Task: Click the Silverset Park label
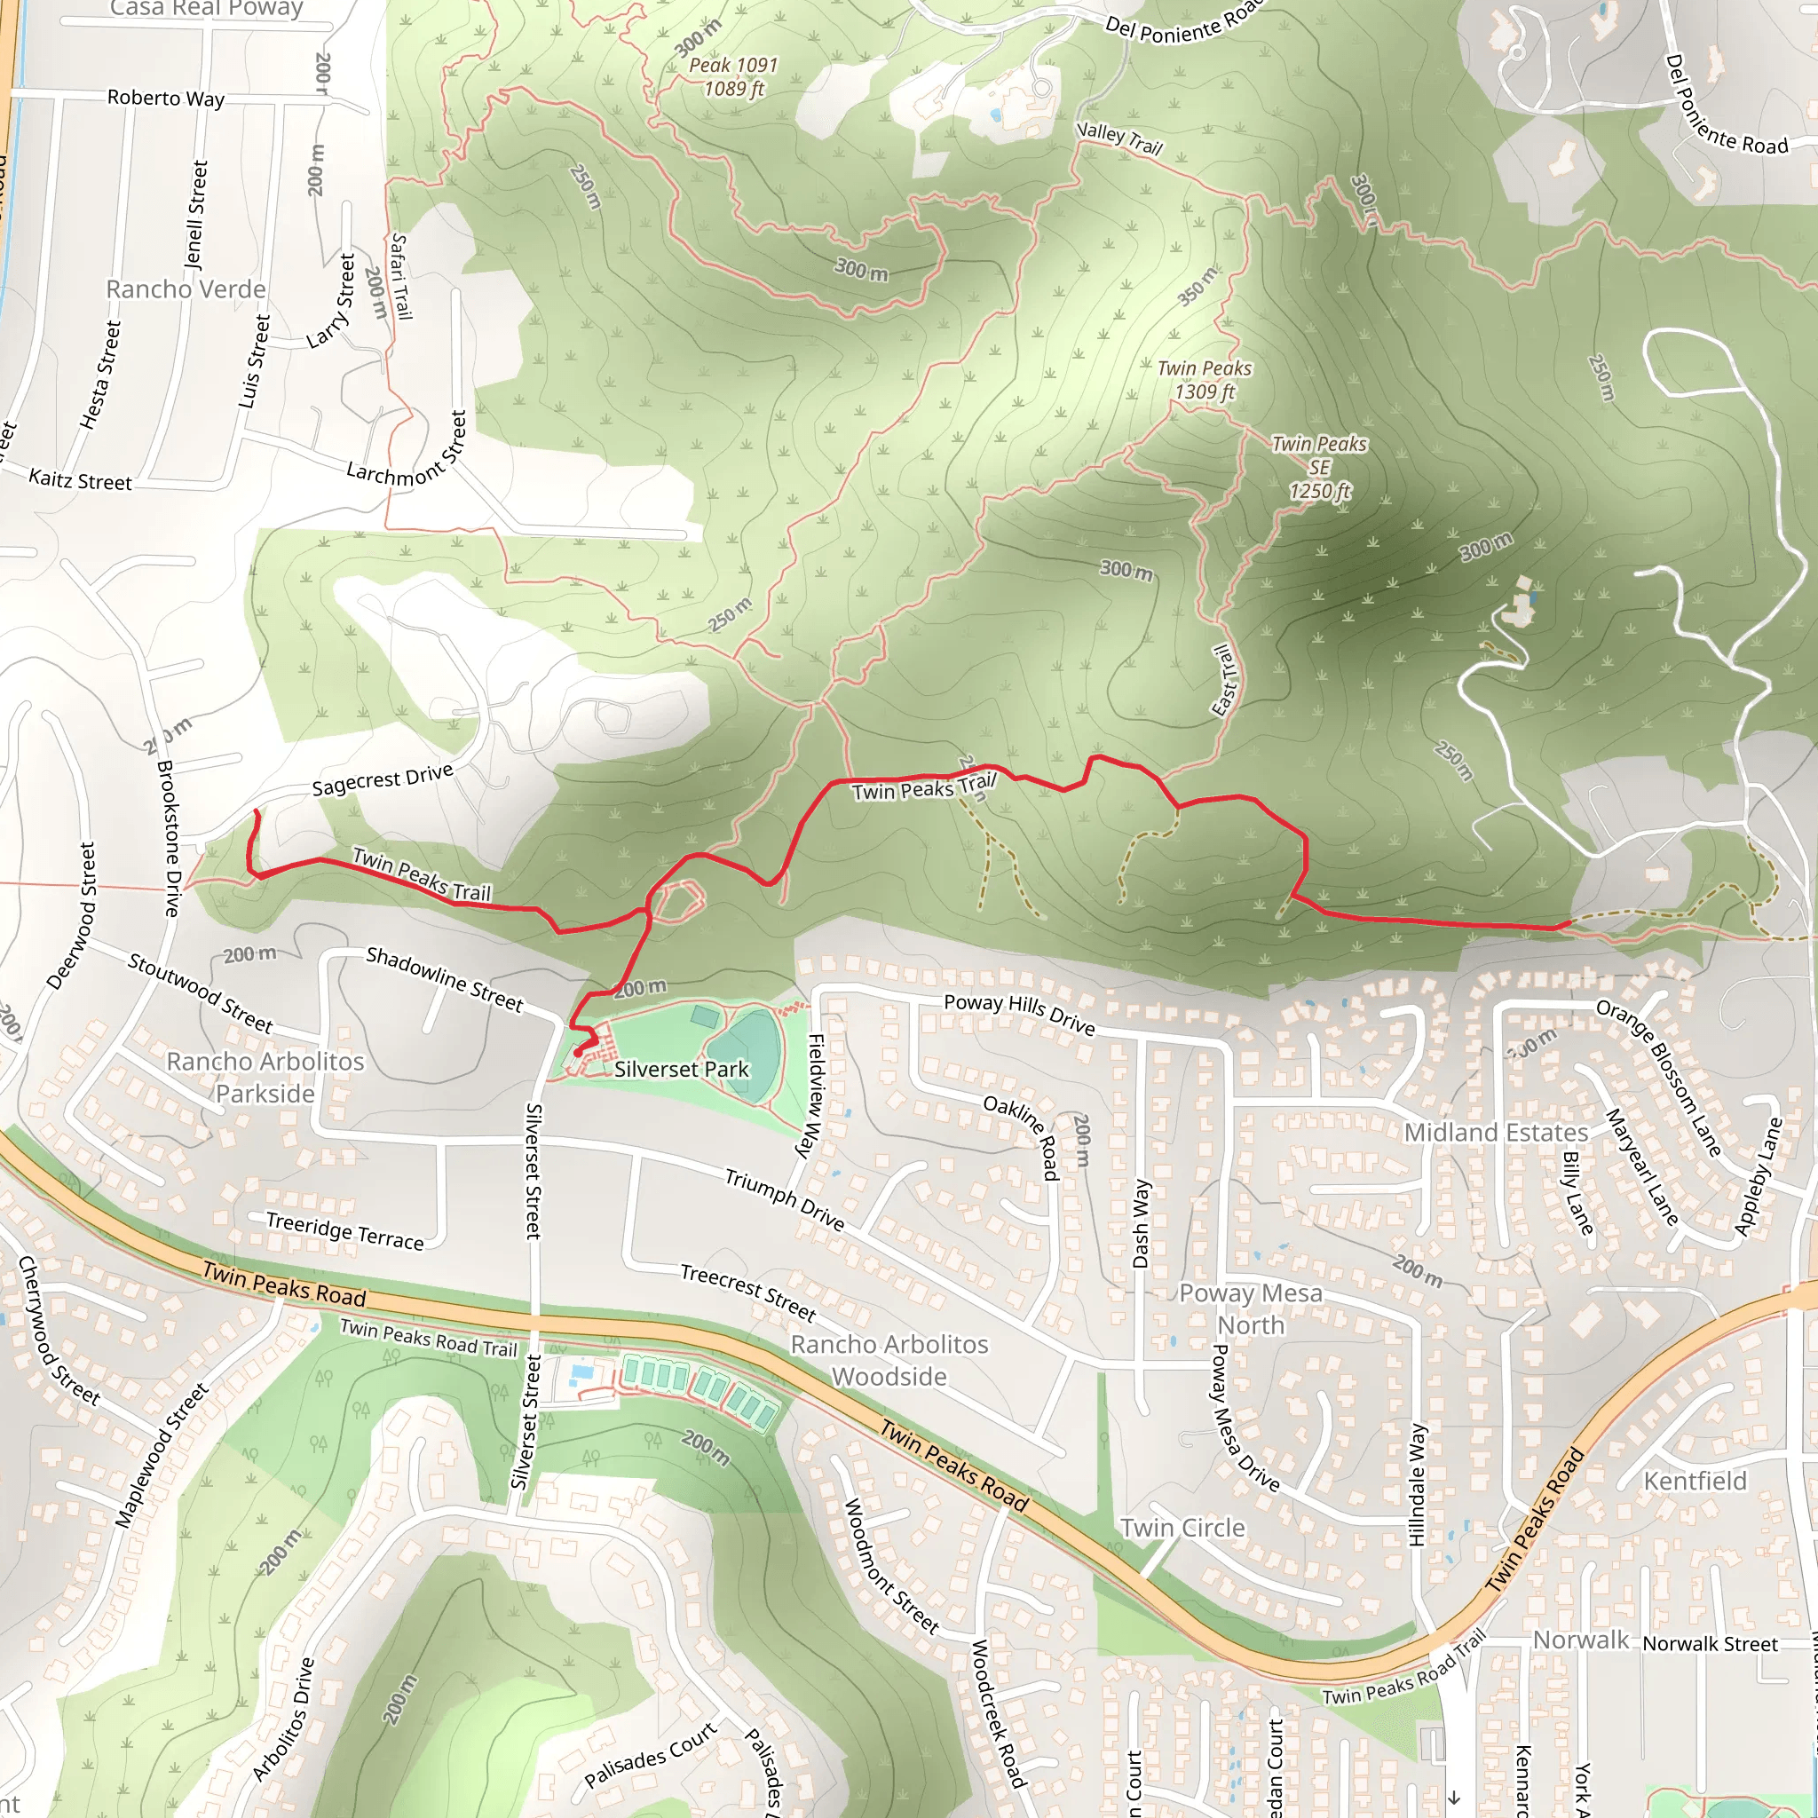tap(681, 1070)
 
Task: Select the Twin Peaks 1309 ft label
tap(1205, 380)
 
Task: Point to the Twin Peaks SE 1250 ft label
tap(1319, 468)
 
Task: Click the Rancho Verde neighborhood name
tap(186, 289)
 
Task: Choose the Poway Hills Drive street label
tap(1020, 1014)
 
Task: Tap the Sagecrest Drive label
tap(382, 779)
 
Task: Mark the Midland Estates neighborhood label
tap(1496, 1133)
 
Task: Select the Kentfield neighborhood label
tap(1695, 1482)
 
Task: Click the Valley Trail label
tap(1118, 138)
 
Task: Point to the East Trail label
tap(1224, 680)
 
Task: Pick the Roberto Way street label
tap(166, 98)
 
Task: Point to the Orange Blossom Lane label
tap(1658, 1079)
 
